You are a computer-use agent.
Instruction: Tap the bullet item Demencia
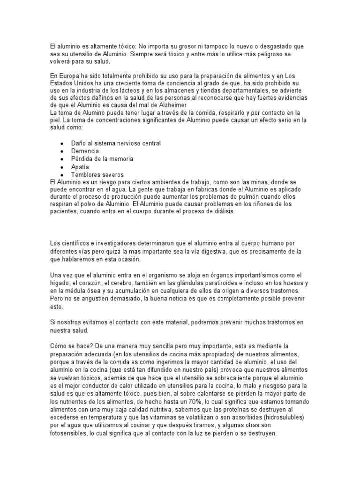click(85, 151)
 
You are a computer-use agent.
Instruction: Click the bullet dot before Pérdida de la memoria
click(62, 159)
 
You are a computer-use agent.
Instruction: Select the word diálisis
click(220, 212)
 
